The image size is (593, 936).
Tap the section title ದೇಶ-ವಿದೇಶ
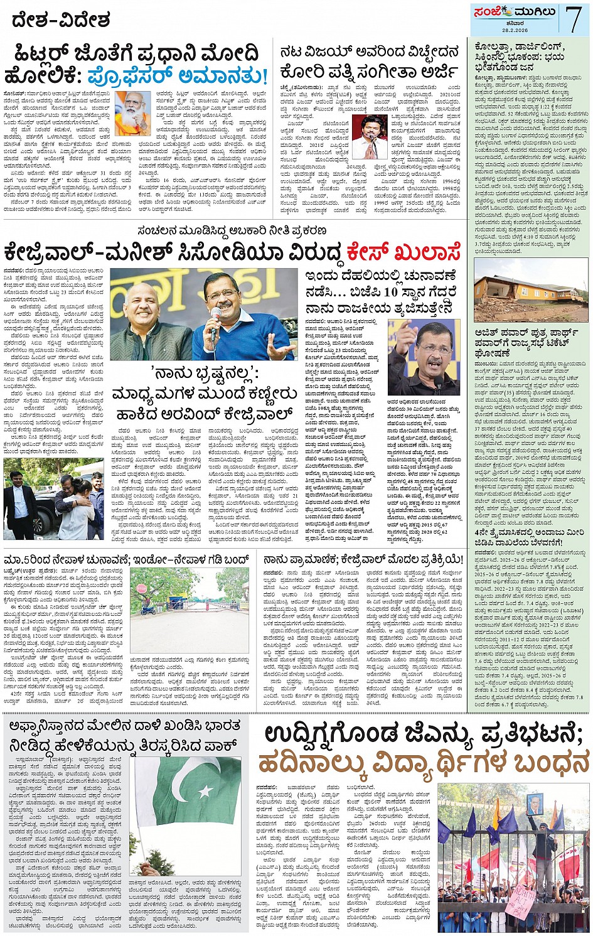[61, 20]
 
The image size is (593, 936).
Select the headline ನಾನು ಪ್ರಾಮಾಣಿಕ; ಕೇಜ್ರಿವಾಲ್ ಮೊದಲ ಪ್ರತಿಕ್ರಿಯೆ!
[363, 559]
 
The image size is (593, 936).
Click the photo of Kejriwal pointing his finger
[424, 357]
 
